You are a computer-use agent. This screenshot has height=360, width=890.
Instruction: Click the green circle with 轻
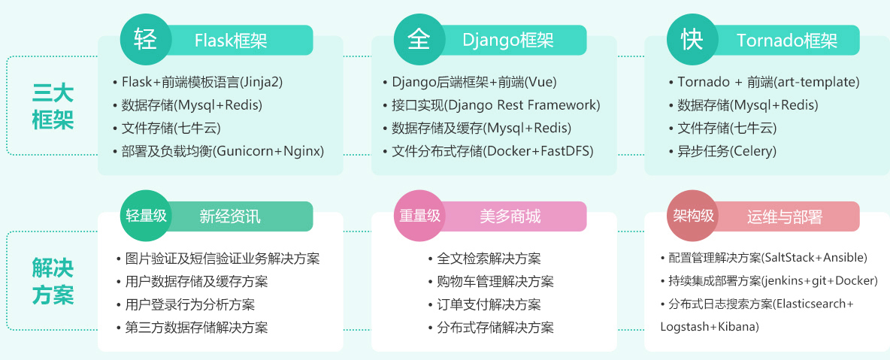click(x=146, y=40)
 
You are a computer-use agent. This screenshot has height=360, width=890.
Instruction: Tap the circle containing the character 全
click(x=419, y=40)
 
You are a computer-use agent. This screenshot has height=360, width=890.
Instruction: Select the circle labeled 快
click(x=692, y=40)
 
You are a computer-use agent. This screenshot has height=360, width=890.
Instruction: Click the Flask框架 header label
click(x=231, y=41)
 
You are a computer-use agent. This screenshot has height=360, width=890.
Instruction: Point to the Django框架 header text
click(x=508, y=41)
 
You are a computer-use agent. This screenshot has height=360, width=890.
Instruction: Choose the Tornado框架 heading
click(x=787, y=41)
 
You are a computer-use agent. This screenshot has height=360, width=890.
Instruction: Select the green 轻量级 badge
click(x=146, y=216)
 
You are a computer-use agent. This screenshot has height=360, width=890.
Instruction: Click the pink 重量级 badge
click(x=419, y=216)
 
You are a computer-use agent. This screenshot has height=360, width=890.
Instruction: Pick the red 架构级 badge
click(x=692, y=216)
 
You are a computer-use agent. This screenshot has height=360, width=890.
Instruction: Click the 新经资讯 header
click(x=231, y=216)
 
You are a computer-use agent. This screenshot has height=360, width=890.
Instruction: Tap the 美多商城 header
click(x=510, y=216)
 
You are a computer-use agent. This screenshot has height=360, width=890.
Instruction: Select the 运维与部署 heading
click(x=785, y=216)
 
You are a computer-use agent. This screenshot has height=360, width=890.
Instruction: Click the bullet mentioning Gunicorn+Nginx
click(x=219, y=152)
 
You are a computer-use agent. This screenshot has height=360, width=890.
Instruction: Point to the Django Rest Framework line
click(x=492, y=105)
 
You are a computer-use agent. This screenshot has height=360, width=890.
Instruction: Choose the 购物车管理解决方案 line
click(x=491, y=282)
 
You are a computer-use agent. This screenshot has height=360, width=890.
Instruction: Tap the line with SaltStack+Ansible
click(x=764, y=258)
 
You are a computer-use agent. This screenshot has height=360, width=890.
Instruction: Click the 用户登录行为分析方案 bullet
click(x=186, y=304)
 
